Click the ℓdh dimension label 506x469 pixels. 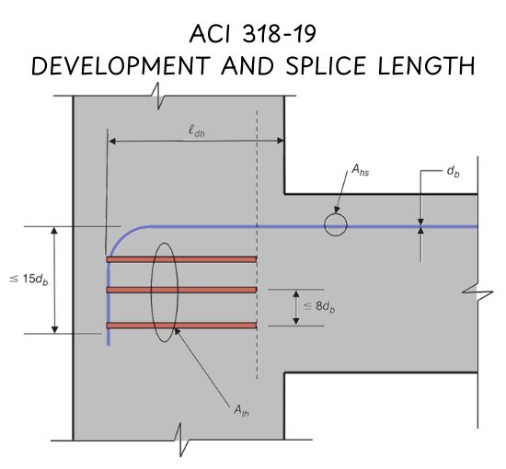pyautogui.click(x=196, y=132)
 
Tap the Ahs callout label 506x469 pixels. pyautogui.click(x=360, y=169)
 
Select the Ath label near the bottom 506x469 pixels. pyautogui.click(x=241, y=411)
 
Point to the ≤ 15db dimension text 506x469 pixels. pyautogui.click(x=29, y=280)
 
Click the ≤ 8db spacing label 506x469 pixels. pyautogui.click(x=319, y=306)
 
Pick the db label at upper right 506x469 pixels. pyautogui.click(x=453, y=171)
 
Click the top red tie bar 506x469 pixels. pyautogui.click(x=181, y=259)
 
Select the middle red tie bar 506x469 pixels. pyautogui.click(x=181, y=290)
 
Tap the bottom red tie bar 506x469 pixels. pyautogui.click(x=181, y=326)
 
